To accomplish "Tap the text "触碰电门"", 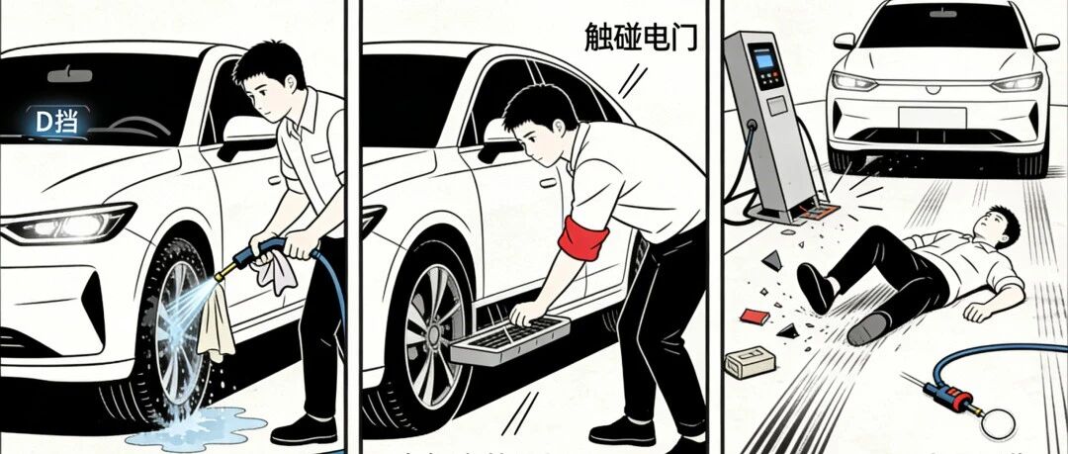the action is (641, 37).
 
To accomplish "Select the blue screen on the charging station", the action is (763, 60).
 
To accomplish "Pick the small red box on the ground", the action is (754, 317).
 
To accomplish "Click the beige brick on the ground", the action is (750, 361).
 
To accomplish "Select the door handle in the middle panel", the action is (548, 183).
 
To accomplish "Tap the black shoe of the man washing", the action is (304, 431).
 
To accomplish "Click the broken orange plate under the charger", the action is (818, 212).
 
